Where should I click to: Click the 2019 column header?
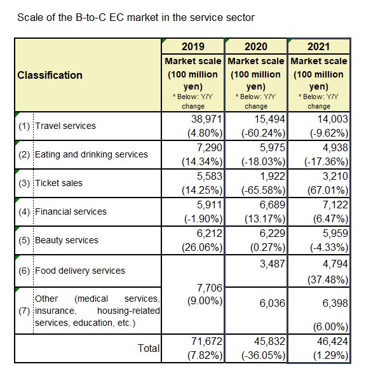tap(193, 46)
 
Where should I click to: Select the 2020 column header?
tap(256, 46)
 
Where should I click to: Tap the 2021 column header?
tap(318, 46)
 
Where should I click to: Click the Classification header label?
tap(50, 75)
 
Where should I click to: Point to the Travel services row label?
tap(65, 126)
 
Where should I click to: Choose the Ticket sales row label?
tap(58, 183)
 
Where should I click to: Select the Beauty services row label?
tap(67, 240)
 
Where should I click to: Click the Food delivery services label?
tap(80, 271)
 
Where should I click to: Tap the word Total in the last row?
tap(149, 348)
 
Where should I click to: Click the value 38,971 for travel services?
tap(206, 119)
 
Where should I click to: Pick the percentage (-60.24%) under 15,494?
tap(263, 133)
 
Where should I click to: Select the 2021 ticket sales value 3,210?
tap(335, 176)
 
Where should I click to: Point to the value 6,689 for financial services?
tap(273, 205)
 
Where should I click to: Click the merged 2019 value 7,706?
tap(210, 288)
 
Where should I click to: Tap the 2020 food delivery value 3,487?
tap(273, 264)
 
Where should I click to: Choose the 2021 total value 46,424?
tap(332, 341)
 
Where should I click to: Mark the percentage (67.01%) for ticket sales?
tap(328, 191)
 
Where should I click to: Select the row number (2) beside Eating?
tap(24, 155)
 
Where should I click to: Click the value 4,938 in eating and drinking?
tap(335, 148)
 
